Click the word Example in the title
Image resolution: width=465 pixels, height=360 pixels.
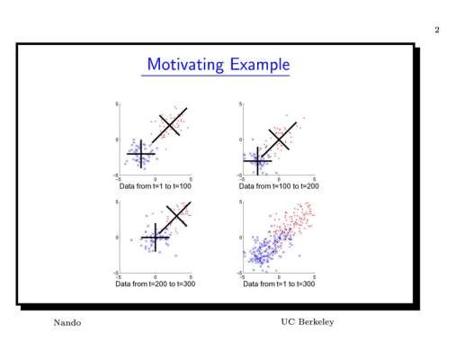point(260,65)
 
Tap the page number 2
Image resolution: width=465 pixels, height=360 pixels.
point(437,30)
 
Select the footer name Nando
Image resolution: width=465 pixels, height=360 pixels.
point(67,323)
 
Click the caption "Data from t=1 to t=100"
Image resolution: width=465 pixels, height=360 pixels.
point(156,186)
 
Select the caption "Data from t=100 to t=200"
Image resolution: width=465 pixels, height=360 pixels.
point(279,186)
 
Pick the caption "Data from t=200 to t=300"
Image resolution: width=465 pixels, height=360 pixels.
point(156,283)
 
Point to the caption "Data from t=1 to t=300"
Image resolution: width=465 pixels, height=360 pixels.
point(279,283)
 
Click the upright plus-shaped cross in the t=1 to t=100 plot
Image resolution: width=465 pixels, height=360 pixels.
point(141,154)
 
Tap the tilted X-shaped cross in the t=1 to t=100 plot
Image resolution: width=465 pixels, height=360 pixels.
point(170,125)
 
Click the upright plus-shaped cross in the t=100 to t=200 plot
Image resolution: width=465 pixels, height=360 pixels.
point(257,161)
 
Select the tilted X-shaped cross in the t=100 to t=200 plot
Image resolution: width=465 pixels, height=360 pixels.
point(279,139)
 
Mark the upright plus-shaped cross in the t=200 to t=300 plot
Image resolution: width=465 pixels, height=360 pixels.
point(156,238)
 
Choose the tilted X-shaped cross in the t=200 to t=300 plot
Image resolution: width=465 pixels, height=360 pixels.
point(177,216)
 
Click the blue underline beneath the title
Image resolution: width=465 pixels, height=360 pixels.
point(216,76)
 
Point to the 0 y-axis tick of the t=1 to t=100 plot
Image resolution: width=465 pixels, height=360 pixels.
point(117,139)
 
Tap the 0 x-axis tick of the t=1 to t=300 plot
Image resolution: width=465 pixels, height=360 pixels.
point(279,277)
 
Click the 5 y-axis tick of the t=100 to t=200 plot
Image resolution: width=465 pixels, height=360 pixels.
point(240,103)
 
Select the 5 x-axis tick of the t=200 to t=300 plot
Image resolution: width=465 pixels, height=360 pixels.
point(191,277)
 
